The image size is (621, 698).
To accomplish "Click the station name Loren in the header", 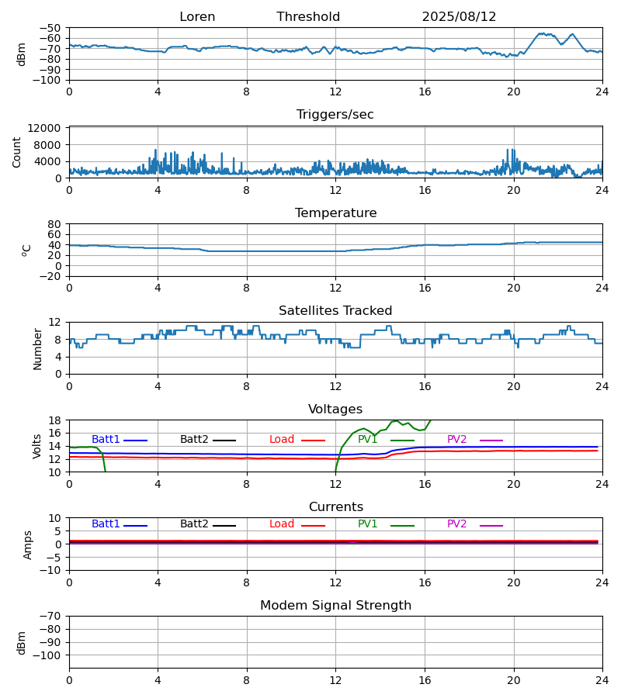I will (x=197, y=17).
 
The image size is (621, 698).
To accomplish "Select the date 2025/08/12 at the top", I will (x=459, y=17).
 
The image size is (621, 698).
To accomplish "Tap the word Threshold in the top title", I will (x=308, y=17).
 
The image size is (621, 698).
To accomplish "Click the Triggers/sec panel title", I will (x=335, y=115).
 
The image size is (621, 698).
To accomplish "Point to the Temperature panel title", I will (x=335, y=213).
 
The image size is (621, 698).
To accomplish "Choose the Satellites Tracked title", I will (x=335, y=311).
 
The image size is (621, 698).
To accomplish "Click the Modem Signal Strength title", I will (x=335, y=606).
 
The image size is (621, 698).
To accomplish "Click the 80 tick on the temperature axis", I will (x=55, y=224).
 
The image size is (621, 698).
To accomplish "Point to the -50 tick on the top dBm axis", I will (x=51, y=28).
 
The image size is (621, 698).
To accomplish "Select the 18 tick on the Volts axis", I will (x=55, y=420).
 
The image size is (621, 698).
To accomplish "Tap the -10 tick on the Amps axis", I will (x=51, y=570).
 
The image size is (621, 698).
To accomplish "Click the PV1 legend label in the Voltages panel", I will (x=368, y=440).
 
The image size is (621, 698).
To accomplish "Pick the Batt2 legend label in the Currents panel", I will (x=194, y=524).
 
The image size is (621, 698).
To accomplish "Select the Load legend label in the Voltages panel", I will (x=282, y=440).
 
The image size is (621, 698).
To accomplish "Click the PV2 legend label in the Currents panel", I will (x=457, y=524).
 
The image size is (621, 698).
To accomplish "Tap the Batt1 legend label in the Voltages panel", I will (x=106, y=440).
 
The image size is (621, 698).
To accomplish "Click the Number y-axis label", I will (x=38, y=348).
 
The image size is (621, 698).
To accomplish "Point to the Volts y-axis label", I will (x=38, y=446).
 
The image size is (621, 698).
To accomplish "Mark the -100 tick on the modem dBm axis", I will (x=48, y=655).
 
